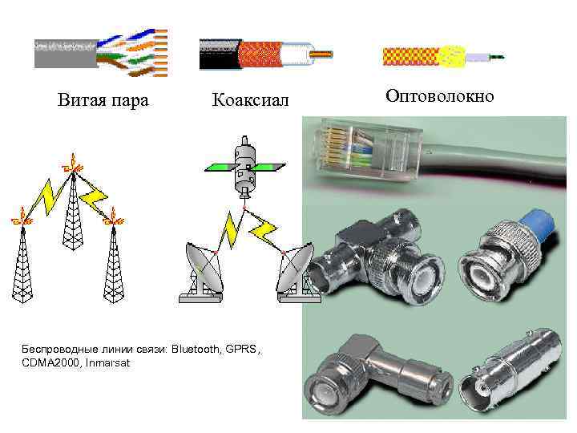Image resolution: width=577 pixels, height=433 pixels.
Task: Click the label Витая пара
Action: coord(103,100)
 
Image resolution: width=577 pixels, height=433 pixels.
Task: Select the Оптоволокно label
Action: coord(440,96)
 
